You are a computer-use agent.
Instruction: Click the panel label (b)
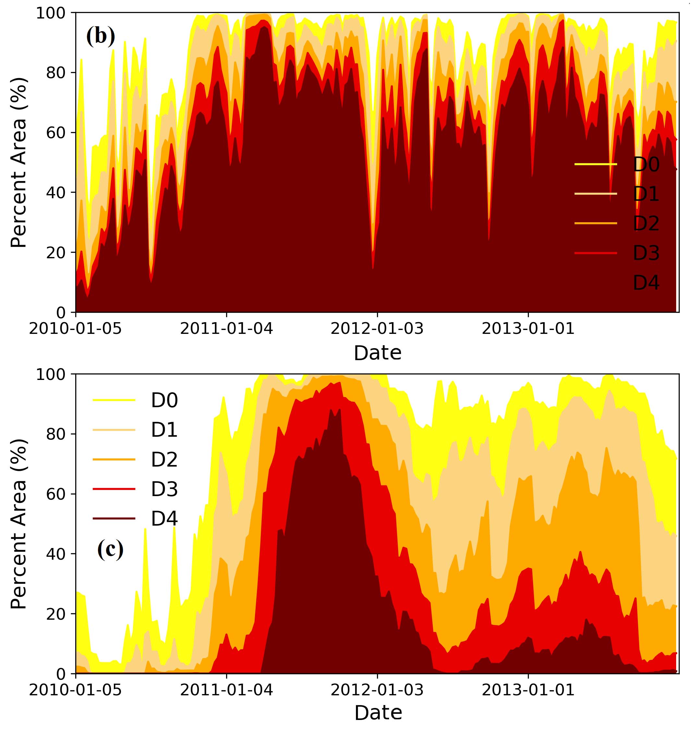coord(101,36)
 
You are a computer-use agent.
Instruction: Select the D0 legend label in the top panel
coord(646,164)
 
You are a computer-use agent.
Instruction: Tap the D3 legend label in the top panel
coord(646,253)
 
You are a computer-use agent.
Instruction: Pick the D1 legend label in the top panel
coord(646,194)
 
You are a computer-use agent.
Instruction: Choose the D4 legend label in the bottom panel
coord(164,518)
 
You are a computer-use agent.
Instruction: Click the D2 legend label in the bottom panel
coord(164,459)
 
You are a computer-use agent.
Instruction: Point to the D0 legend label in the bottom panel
coord(164,400)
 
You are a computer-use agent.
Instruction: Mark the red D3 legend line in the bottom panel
coord(114,489)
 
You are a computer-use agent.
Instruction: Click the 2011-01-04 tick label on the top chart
coord(226,328)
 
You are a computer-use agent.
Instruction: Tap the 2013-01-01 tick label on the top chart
coord(528,328)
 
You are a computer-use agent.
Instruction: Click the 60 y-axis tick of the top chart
coord(56,133)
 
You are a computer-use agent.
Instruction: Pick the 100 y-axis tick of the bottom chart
coord(51,374)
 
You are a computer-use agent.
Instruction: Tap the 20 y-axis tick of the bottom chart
coord(56,614)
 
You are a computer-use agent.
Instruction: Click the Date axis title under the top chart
coord(377,353)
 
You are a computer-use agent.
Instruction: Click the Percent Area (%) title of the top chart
coord(18,163)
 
